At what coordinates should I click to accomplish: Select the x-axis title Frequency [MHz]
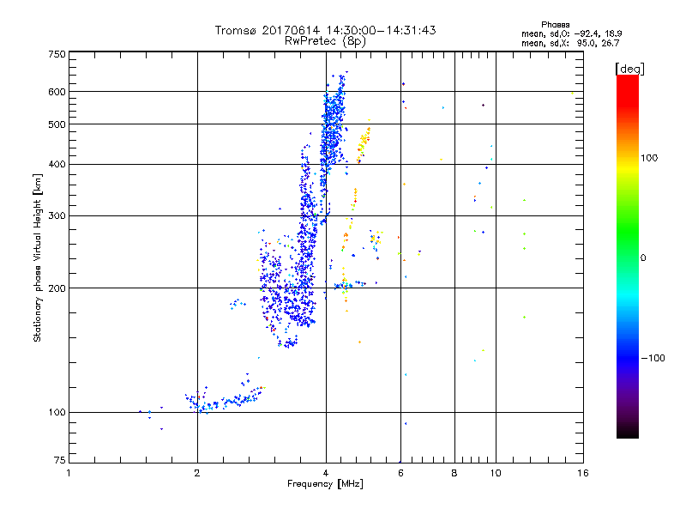pyautogui.click(x=325, y=485)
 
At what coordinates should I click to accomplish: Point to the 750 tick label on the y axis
pyautogui.click(x=57, y=54)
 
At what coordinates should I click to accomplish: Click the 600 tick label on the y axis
pyautogui.click(x=57, y=92)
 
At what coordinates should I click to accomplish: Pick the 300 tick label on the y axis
pyautogui.click(x=57, y=215)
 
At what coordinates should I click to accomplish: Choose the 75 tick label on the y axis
pyautogui.click(x=59, y=461)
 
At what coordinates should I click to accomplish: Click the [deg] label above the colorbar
pyautogui.click(x=630, y=68)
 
